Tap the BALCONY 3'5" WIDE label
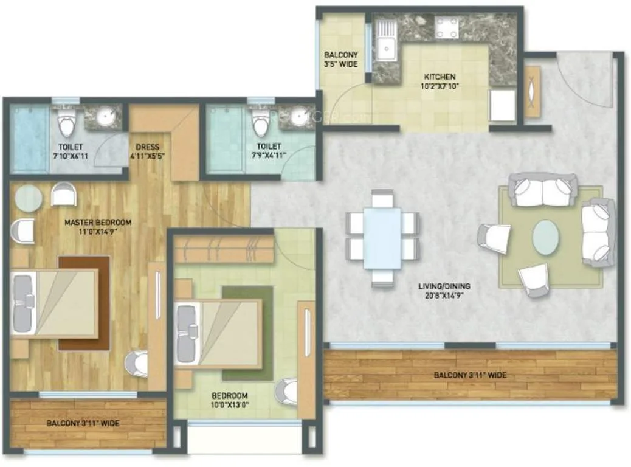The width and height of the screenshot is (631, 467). (340, 59)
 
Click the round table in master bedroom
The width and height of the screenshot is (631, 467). (28, 198)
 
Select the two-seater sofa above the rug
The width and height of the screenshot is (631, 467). (542, 190)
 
